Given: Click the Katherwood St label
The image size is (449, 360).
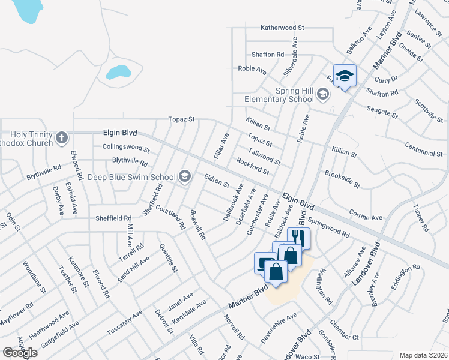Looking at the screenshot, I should pyautogui.click(x=282, y=28).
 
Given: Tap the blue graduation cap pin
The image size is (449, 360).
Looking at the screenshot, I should pyautogui.click(x=345, y=76).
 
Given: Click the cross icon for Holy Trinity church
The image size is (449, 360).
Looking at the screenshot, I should pyautogui.click(x=61, y=139).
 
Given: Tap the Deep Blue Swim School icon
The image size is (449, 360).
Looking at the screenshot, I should pyautogui.click(x=184, y=176).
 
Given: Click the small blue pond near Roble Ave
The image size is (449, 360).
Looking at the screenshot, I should pyautogui.click(x=118, y=73).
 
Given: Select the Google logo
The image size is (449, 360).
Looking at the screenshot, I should pyautogui.click(x=20, y=353).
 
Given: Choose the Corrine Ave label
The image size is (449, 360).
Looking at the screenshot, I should pyautogui.click(x=366, y=215).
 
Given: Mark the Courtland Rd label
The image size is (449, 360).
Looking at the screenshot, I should pyautogui.click(x=170, y=217).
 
